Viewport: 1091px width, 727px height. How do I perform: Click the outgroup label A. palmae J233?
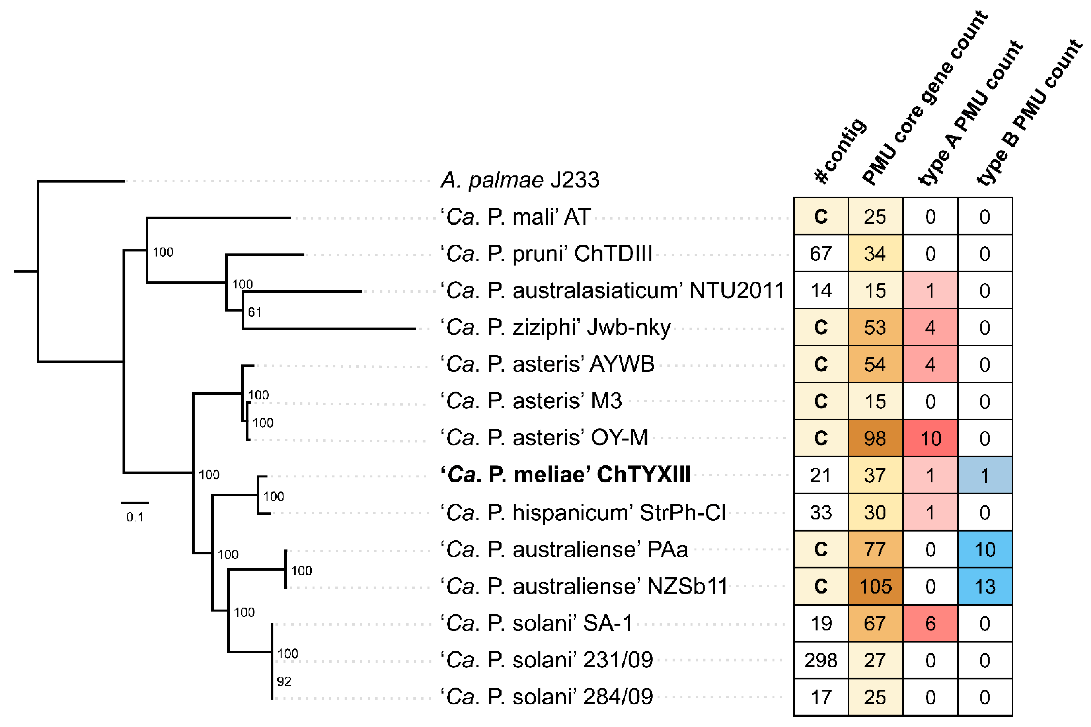click(519, 180)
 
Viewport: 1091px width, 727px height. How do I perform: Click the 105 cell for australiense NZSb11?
click(875, 587)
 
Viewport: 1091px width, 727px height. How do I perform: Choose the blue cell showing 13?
click(985, 587)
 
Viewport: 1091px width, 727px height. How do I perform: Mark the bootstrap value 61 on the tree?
click(254, 312)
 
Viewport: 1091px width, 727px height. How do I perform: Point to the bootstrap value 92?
click(284, 681)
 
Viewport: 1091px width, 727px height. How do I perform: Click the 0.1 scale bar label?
click(135, 517)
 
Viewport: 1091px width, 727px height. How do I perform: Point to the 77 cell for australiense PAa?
click(875, 550)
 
